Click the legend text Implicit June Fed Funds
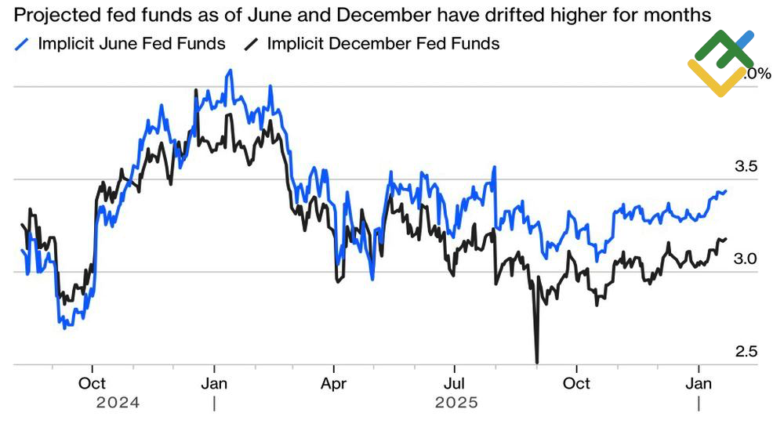point(132,44)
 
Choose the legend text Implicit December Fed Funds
point(383,44)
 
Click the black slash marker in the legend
point(252,44)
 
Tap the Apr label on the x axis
point(334,384)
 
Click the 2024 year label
point(118,403)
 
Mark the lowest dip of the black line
point(537,362)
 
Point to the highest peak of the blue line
point(230,70)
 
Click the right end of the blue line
point(726,190)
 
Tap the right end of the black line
point(726,239)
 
